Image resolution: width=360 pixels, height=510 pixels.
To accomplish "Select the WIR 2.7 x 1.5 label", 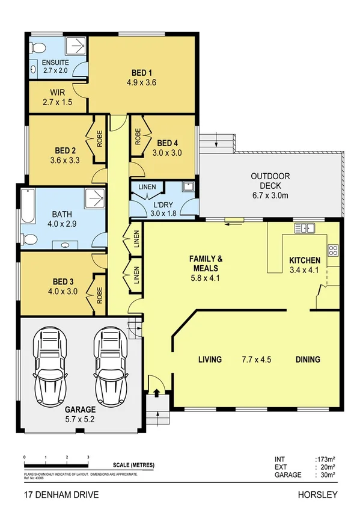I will (57, 97).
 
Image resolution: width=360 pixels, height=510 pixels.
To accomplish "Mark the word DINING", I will (307, 360).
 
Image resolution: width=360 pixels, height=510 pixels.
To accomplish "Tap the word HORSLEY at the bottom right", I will (317, 495).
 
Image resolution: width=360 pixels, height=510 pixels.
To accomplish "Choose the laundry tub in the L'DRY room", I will (189, 186).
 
